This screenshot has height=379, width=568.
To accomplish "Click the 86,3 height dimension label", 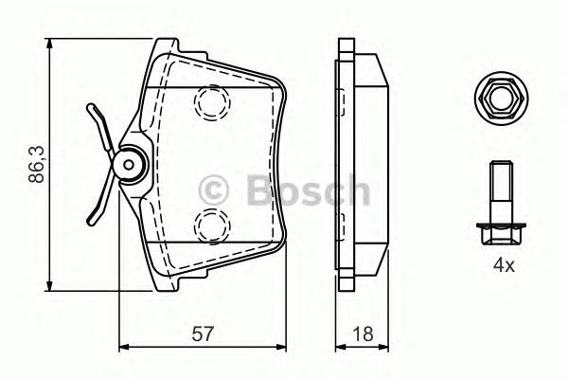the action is coord(37,164).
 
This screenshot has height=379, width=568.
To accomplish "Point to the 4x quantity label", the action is coord(504,266).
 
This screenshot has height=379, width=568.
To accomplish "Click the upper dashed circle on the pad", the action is coord(212,102).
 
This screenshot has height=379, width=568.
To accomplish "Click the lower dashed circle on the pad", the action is coord(212,226).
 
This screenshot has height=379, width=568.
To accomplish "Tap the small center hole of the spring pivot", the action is coord(129,165).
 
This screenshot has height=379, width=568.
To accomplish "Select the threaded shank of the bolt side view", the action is coord(502,192).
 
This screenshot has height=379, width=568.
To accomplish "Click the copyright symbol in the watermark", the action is coord(214,190).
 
